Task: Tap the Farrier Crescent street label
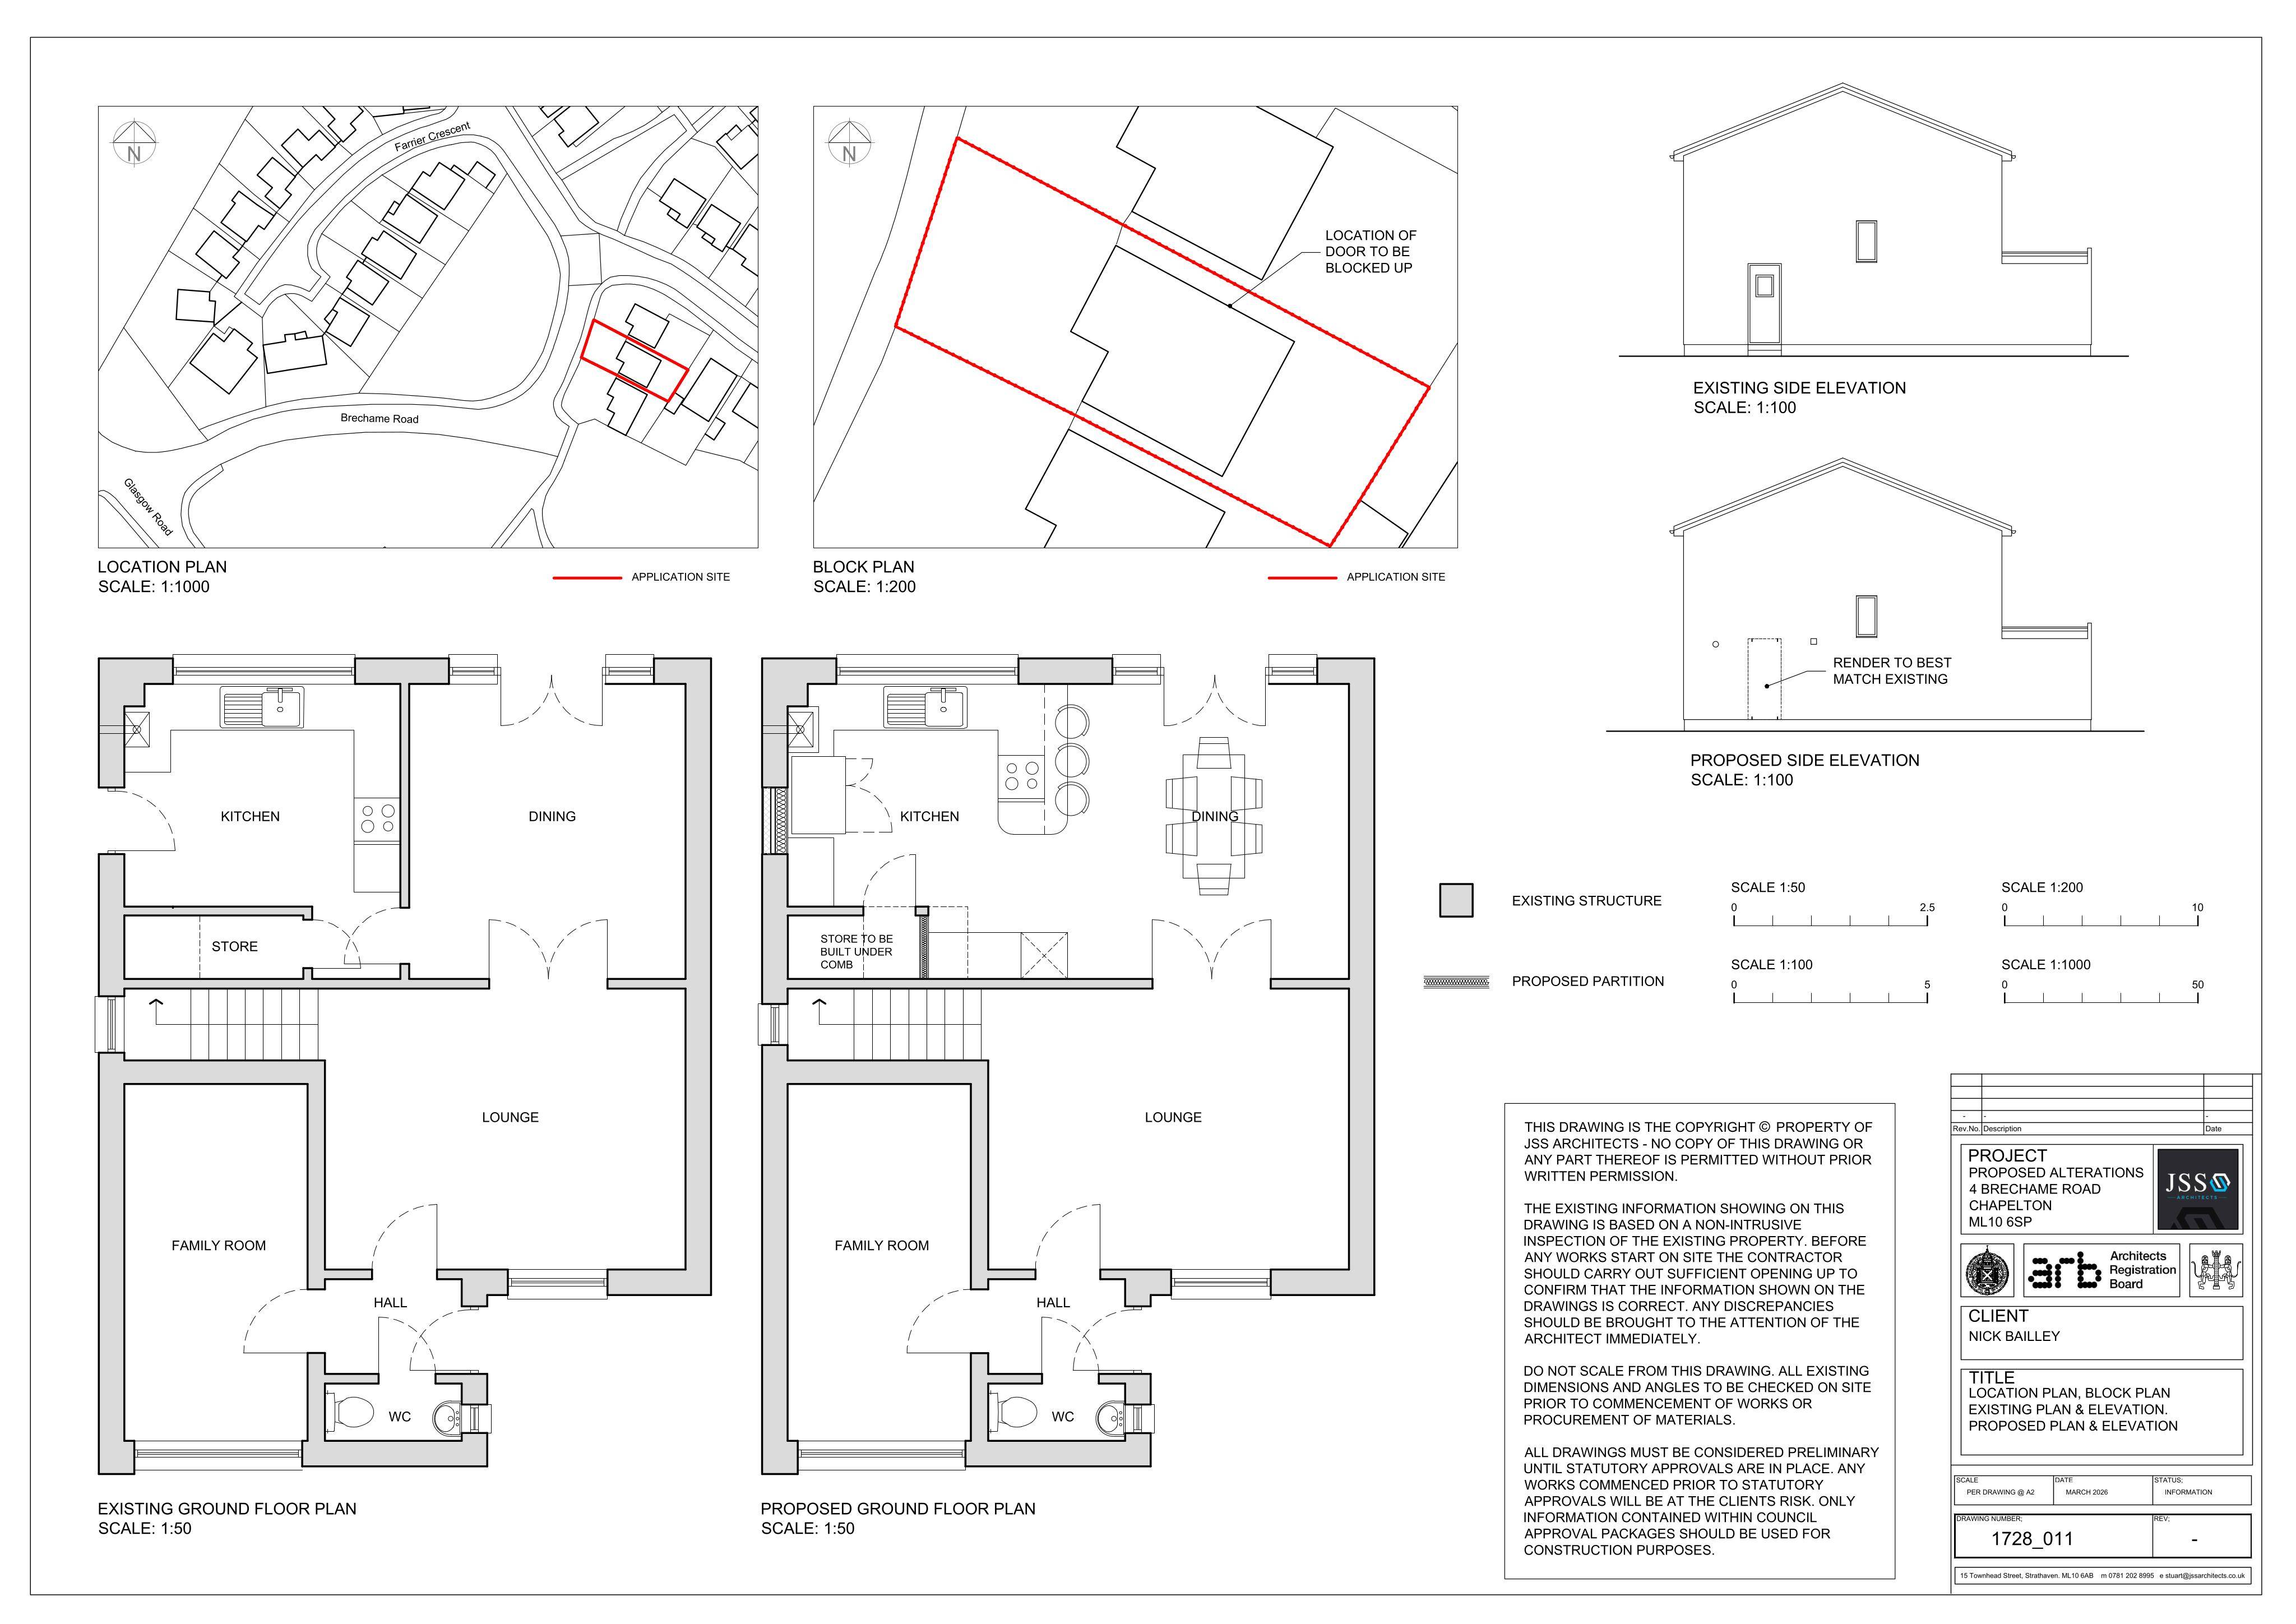432,137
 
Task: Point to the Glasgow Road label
148,506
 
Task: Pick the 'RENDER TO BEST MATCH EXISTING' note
1891,671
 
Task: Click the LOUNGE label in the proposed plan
1173,1117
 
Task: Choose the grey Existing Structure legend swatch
1456,900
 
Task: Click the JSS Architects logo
2197,1189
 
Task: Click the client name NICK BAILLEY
2014,1336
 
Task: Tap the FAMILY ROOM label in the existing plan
219,1245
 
